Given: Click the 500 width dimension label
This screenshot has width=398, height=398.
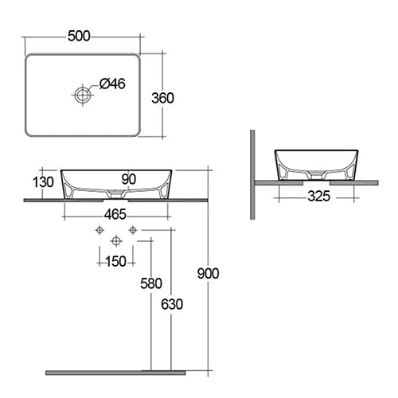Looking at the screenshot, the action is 79,37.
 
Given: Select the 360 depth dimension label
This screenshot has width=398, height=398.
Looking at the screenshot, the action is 162,98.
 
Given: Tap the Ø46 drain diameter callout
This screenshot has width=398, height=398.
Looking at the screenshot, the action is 112,84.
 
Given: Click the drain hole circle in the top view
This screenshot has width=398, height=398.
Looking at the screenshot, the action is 83,95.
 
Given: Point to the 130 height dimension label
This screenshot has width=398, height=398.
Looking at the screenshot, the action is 43,182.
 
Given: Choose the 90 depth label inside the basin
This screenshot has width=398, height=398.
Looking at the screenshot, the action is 129,179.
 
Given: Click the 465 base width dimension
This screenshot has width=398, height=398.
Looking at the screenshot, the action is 115,214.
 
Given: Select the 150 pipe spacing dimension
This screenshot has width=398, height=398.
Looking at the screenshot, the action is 115,262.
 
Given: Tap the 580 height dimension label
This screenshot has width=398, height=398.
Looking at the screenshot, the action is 151,283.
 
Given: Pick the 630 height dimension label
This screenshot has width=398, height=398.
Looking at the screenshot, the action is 172,304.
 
